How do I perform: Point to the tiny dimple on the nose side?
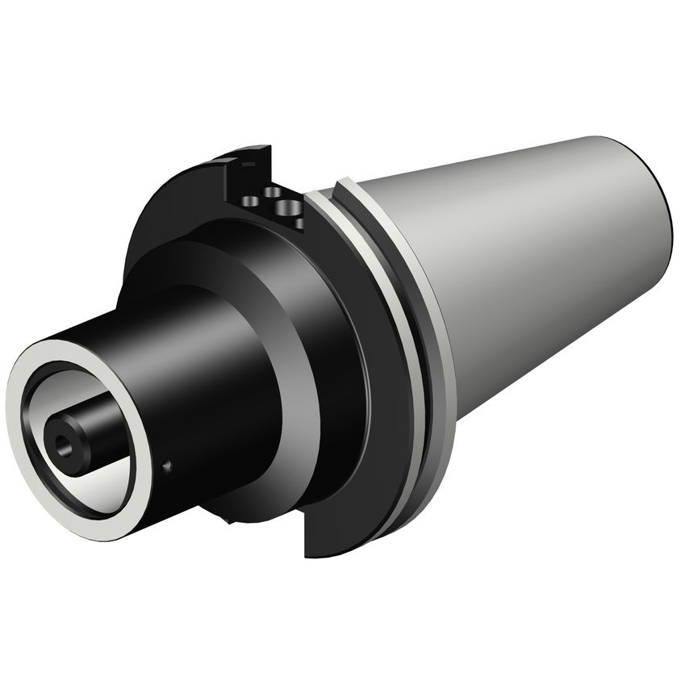167,466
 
